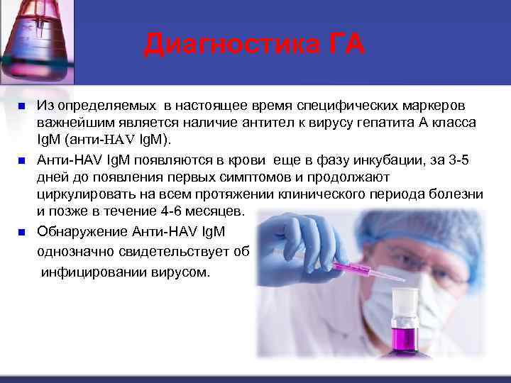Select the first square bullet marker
point(21,106)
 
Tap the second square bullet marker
point(21,158)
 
